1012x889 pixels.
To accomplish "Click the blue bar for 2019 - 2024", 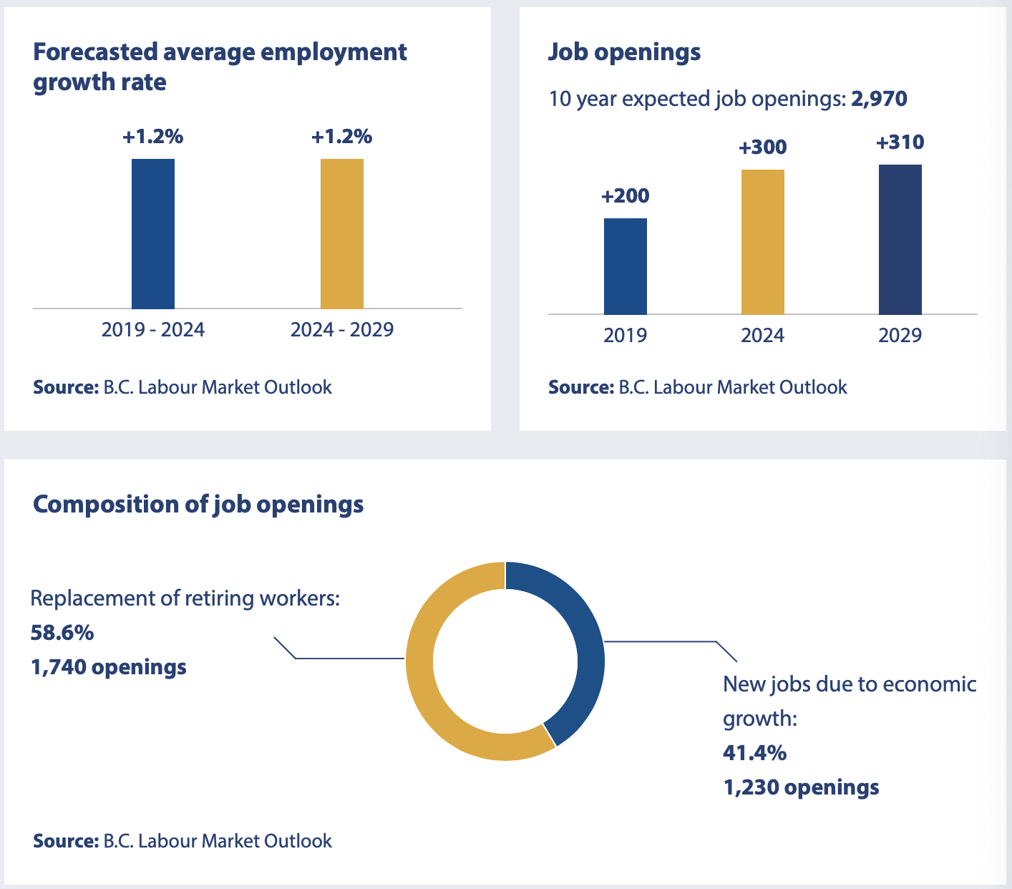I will click(153, 233).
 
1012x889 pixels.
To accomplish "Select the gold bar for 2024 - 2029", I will click(342, 233).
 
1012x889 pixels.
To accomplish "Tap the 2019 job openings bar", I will click(626, 266).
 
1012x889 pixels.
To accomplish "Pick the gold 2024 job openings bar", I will click(763, 242).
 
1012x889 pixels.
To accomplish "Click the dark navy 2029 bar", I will click(900, 239).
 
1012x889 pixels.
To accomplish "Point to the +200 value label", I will click(626, 196).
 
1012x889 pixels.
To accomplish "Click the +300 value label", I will click(763, 147).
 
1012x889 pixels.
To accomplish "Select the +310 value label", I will click(900, 142).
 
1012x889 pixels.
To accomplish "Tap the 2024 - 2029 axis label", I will click(342, 330).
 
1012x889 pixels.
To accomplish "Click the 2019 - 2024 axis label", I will click(153, 330).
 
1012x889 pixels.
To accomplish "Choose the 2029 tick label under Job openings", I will click(900, 336).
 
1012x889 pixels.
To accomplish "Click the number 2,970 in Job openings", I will click(879, 99).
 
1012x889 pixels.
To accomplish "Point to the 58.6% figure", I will click(62, 633).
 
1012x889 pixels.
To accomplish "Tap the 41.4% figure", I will click(755, 753).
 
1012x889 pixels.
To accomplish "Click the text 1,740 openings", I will click(109, 667).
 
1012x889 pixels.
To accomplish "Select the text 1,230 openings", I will click(802, 787).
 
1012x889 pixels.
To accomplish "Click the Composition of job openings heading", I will click(198, 505).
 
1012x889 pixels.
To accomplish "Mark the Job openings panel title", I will click(625, 52).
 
